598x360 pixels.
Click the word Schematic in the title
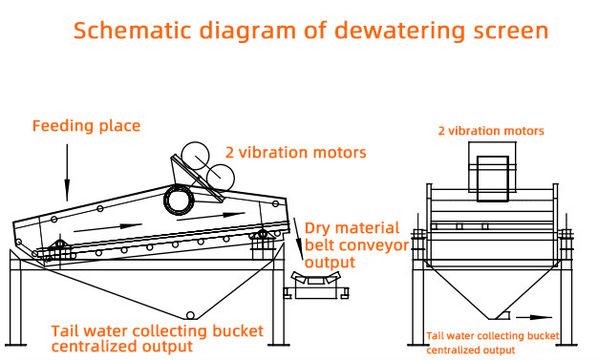132,31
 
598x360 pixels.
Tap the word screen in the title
511,32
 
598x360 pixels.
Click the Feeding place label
87,126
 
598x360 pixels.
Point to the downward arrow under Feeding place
67,173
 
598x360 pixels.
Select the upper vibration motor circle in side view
195,156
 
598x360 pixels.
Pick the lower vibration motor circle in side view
220,178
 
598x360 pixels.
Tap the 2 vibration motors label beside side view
295,153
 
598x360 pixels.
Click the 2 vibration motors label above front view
491,131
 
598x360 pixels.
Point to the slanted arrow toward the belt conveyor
298,239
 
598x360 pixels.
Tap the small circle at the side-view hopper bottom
189,315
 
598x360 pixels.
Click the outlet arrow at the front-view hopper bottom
534,317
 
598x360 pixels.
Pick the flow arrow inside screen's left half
108,227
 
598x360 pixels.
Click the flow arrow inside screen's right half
211,216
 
